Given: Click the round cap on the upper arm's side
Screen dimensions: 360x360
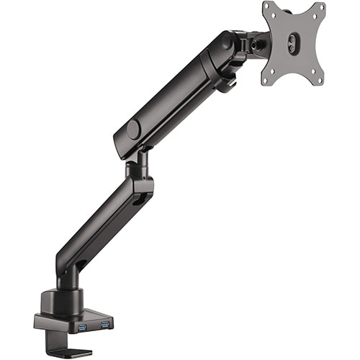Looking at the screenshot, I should coord(133,130).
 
